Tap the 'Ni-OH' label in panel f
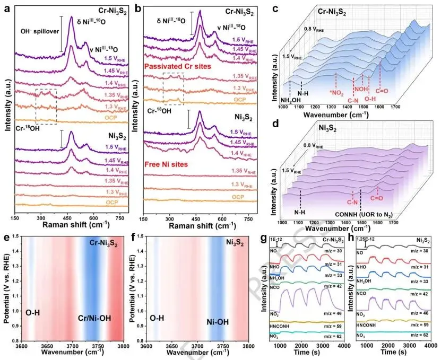click(217, 321)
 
